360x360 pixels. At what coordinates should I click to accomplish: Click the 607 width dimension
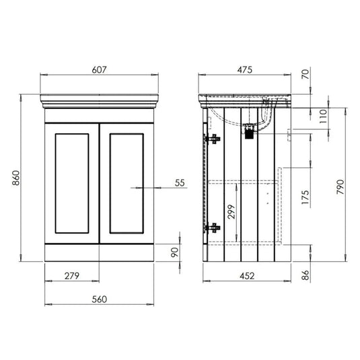(x=100, y=69)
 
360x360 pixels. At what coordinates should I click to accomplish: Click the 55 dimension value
(x=179, y=182)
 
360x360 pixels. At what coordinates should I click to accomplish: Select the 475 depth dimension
(x=246, y=69)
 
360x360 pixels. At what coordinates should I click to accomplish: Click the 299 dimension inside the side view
(x=230, y=213)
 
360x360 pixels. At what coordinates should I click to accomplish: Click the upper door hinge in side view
(x=214, y=139)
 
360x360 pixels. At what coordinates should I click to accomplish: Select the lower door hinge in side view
(x=214, y=227)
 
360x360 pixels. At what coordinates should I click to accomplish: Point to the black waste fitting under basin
(x=250, y=133)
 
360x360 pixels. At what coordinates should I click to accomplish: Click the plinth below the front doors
(x=100, y=253)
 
